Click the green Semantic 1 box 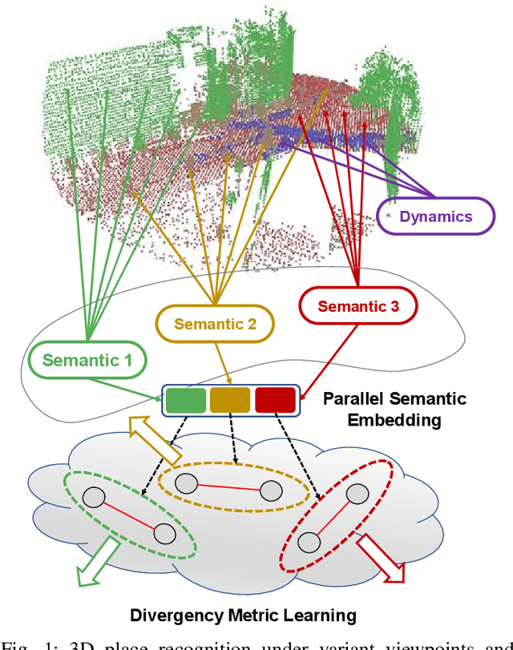pyautogui.click(x=87, y=361)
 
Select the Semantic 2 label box pyautogui.click(x=215, y=325)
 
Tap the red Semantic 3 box pyautogui.click(x=358, y=305)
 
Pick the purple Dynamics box pyautogui.click(x=435, y=216)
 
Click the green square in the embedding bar pyautogui.click(x=186, y=400)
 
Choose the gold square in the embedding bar pyautogui.click(x=231, y=400)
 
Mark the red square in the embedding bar pyautogui.click(x=275, y=400)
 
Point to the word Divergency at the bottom pyautogui.click(x=171, y=616)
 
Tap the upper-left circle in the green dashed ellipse pyautogui.click(x=95, y=498)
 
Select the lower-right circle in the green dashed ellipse pyautogui.click(x=164, y=533)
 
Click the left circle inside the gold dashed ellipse pyautogui.click(x=187, y=483)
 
